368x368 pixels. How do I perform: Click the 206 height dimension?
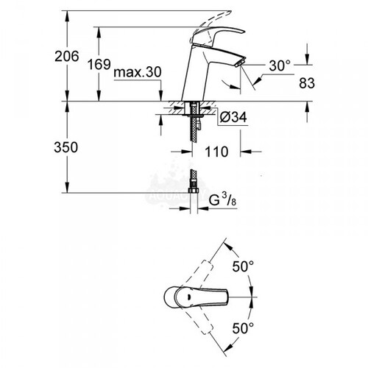pos(67,57)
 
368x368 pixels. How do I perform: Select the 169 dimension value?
pos(99,65)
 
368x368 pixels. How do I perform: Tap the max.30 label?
pos(138,72)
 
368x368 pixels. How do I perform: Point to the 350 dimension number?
pos(66,147)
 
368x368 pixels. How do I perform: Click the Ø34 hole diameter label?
pos(233,117)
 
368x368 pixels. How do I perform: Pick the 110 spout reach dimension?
pos(216,152)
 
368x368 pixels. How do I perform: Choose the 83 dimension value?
pos(307,83)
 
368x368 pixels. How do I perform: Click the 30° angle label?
pos(280,66)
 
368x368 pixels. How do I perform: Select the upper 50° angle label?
pos(243,266)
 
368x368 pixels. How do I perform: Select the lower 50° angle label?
pos(243,328)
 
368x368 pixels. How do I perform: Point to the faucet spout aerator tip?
pos(240,63)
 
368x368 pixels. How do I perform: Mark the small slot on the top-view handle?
pos(189,297)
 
